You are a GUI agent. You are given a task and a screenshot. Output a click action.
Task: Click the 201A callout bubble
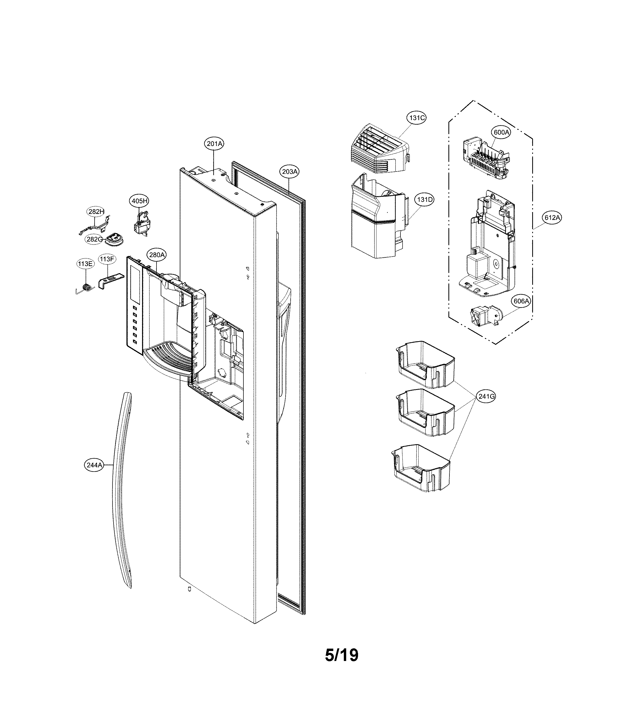point(214,144)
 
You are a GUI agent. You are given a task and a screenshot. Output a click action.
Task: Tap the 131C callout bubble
point(417,118)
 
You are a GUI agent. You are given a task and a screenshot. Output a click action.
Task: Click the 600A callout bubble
point(501,133)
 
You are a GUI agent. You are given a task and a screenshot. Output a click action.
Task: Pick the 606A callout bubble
point(521,301)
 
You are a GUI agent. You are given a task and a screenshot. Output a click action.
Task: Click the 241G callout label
point(486,396)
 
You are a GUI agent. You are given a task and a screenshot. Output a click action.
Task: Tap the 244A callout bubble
point(94,465)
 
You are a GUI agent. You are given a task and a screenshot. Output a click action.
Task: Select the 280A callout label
point(156,255)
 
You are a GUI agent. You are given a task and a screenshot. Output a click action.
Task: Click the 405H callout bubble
point(139,201)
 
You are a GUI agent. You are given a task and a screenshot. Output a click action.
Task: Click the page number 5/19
point(341,655)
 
